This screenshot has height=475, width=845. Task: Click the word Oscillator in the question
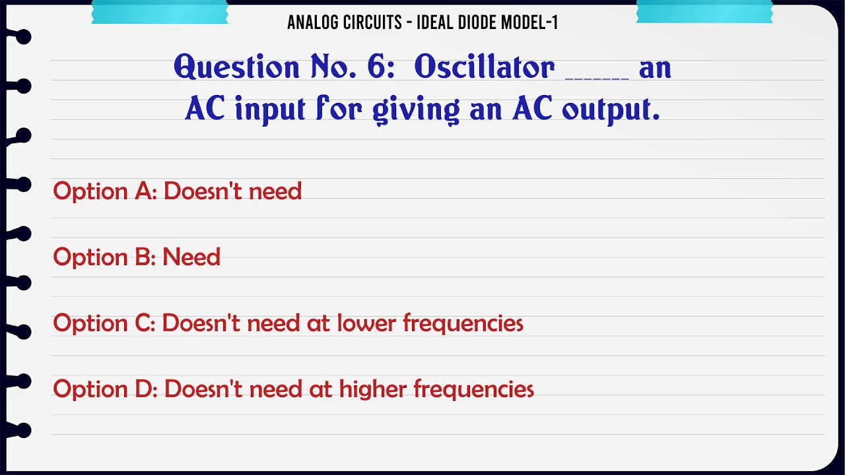point(485,67)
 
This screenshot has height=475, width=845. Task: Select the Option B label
point(104,257)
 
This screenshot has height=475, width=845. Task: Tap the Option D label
point(105,389)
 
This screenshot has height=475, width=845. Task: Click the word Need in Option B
point(191,257)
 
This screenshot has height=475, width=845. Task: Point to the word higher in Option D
point(373,389)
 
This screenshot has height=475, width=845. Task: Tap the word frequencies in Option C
point(463,323)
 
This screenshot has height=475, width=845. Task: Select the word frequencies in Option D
point(473,389)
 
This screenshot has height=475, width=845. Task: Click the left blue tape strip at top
point(159,12)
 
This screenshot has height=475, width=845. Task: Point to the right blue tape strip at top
point(704,12)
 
